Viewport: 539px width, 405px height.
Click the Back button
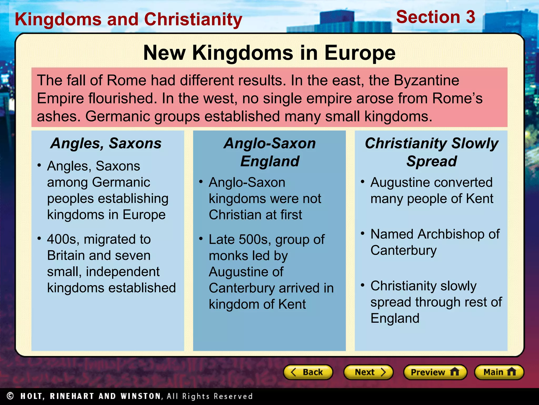click(x=308, y=372)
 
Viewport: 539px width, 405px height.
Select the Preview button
click(x=435, y=372)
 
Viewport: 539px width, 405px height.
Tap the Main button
click(x=499, y=372)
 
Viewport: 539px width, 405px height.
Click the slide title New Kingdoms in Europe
click(x=269, y=53)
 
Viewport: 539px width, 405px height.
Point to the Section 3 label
click(x=436, y=17)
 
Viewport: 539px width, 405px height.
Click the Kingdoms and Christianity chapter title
click(x=128, y=20)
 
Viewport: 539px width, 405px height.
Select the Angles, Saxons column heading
click(x=106, y=143)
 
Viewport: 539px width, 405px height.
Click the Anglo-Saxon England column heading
click(x=269, y=152)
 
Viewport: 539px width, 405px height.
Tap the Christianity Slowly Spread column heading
click(x=431, y=152)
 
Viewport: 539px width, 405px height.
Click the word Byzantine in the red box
click(x=426, y=80)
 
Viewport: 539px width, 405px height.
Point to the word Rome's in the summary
click(x=457, y=98)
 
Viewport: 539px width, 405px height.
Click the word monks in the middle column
click(x=228, y=256)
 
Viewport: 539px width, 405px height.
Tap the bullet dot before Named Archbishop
click(x=362, y=233)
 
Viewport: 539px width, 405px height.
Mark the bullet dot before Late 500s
click(x=201, y=239)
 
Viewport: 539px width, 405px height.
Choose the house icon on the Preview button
click(x=455, y=372)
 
